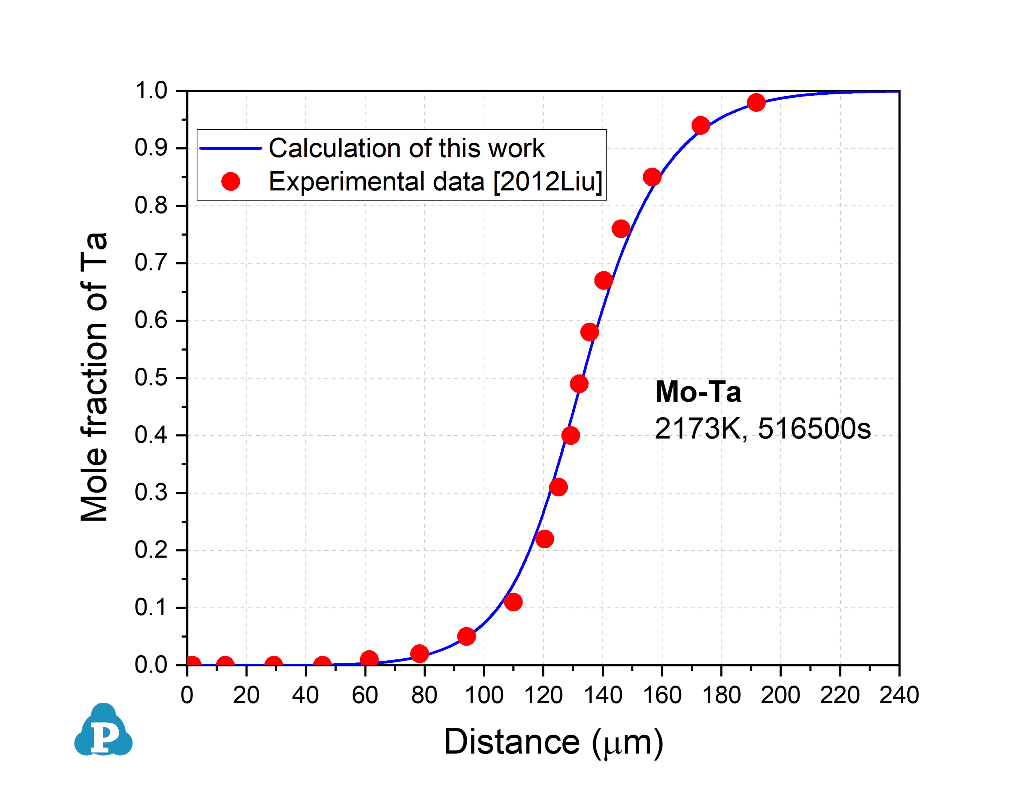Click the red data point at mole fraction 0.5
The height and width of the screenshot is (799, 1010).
(579, 384)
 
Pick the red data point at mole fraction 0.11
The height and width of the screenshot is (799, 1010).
(513, 602)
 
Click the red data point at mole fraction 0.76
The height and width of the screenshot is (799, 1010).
(621, 229)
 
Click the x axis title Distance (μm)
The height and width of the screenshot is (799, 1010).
(553, 742)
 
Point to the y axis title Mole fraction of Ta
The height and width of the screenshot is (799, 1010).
(94, 377)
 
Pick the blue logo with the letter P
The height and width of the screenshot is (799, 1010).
(103, 730)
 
